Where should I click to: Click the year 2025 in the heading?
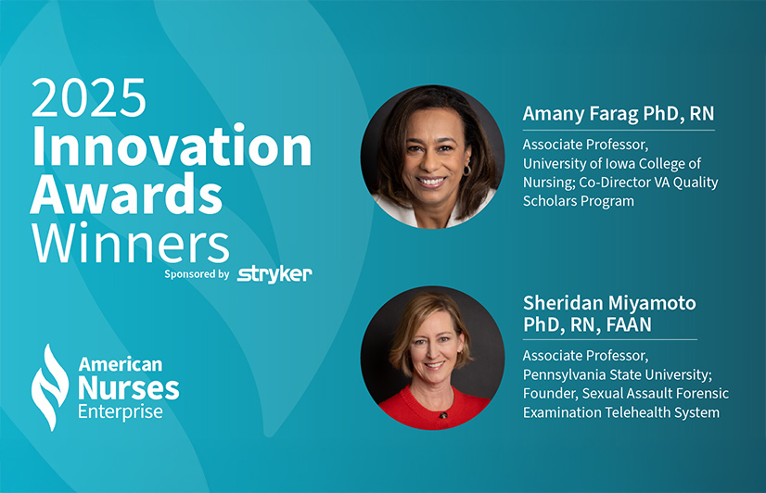click(88, 97)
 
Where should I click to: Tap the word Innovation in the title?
click(172, 145)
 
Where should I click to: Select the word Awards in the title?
click(126, 195)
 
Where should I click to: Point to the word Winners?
click(131, 243)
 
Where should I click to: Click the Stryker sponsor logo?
click(274, 274)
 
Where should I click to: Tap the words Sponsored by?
click(197, 274)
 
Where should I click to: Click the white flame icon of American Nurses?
click(49, 387)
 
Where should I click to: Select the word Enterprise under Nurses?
click(121, 411)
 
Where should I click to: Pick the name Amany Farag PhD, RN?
click(619, 114)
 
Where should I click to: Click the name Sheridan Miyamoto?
click(609, 303)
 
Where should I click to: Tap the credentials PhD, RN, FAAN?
click(587, 324)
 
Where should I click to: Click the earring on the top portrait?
click(466, 170)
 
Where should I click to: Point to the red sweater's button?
click(443, 415)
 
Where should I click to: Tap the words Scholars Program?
click(579, 201)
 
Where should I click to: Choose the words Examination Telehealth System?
click(621, 412)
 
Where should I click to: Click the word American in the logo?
click(121, 364)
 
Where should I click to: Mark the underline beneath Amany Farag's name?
click(619, 131)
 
